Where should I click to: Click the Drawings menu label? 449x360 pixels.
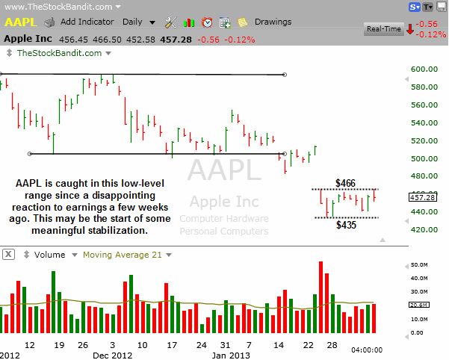click(x=273, y=22)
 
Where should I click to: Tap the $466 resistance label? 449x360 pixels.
click(x=345, y=182)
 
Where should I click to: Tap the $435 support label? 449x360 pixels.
click(x=345, y=224)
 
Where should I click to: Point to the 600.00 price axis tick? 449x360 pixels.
click(x=423, y=69)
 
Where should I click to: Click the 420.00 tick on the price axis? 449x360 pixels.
click(x=423, y=229)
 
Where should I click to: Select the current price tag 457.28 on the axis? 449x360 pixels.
click(x=423, y=197)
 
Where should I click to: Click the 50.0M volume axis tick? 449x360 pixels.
click(x=418, y=265)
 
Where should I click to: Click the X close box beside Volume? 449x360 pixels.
click(x=7, y=255)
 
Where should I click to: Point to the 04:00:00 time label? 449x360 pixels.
click(x=367, y=350)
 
